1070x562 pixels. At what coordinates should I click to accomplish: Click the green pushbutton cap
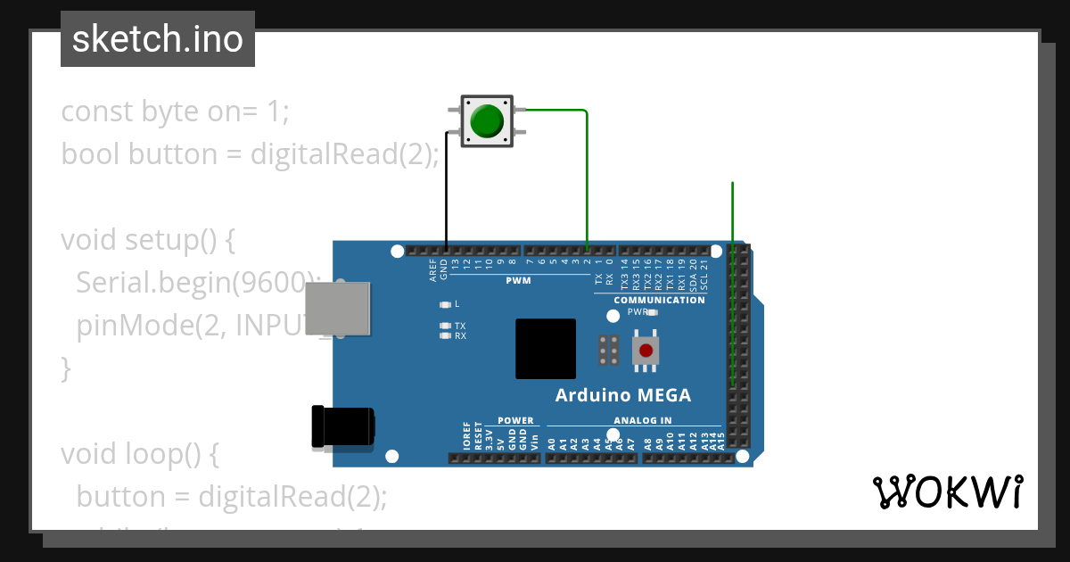point(487,120)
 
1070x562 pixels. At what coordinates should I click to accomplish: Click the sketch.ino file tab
point(158,39)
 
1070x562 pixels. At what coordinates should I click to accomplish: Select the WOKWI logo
point(947,492)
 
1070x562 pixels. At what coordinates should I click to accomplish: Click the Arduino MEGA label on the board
point(622,395)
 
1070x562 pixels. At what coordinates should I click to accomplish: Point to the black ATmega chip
point(545,348)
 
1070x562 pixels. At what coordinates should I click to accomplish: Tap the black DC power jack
point(342,426)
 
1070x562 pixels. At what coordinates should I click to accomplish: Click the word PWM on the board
point(518,280)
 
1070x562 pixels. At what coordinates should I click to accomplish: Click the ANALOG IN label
point(642,420)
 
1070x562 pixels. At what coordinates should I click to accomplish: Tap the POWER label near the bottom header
point(515,420)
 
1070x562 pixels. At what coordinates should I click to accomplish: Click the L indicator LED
point(445,304)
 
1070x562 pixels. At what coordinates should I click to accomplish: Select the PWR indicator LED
point(652,312)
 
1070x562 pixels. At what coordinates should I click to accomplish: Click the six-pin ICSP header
point(610,351)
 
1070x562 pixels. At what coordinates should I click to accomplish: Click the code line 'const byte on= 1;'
point(175,112)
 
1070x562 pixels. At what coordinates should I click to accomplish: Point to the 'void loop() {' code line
point(139,453)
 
